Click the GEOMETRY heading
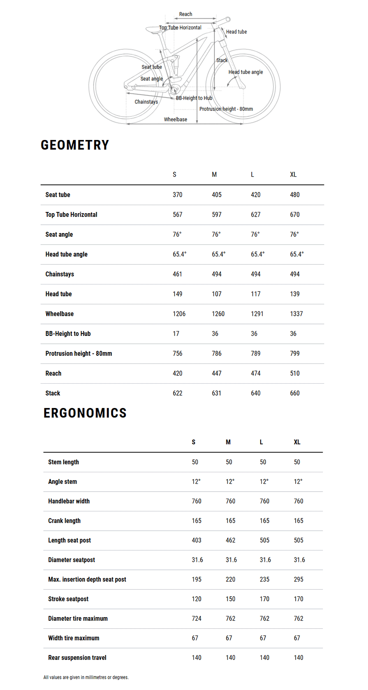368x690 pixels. pos(75,145)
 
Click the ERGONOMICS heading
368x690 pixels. pos(85,413)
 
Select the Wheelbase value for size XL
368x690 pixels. pos(296,314)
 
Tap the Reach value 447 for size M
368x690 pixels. pos(216,373)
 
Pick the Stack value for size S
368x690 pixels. pos(177,393)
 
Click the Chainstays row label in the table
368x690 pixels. pos(60,274)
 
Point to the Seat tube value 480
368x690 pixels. pos(294,195)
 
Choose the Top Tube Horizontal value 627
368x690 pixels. pos(255,214)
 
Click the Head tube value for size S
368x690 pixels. pos(177,294)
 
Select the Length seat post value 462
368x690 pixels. pos(230,540)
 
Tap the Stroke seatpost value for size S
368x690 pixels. pos(197,599)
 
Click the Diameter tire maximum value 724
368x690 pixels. pos(197,618)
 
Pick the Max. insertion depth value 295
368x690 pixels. pos(299,579)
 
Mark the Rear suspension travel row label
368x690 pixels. pos(77,657)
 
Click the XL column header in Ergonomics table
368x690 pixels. pos(297,442)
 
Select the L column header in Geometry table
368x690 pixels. pos(252,175)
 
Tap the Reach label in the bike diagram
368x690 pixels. pos(185,14)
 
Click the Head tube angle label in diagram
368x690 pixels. pos(245,72)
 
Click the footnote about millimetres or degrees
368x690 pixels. pos(86,677)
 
